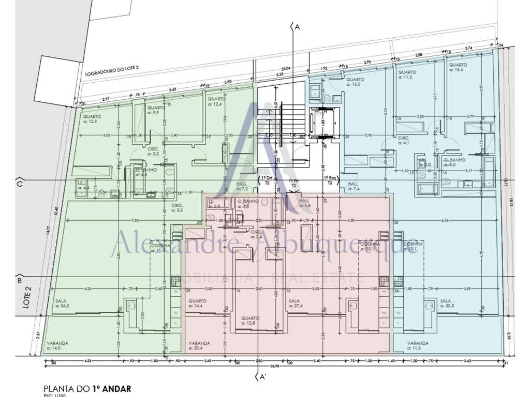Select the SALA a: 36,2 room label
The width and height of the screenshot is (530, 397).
(x=63, y=303)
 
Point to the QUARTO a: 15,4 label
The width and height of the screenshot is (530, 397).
(x=458, y=68)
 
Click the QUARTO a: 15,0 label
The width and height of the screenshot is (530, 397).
(x=356, y=82)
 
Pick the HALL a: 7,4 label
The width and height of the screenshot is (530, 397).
(x=354, y=187)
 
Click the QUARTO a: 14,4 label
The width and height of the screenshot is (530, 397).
(x=198, y=303)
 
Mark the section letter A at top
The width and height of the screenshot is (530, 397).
(x=297, y=28)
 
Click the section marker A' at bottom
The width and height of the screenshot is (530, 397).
(x=262, y=377)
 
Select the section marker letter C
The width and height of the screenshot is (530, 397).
(x=19, y=183)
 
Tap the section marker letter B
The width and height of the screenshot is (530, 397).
(x=19, y=281)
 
